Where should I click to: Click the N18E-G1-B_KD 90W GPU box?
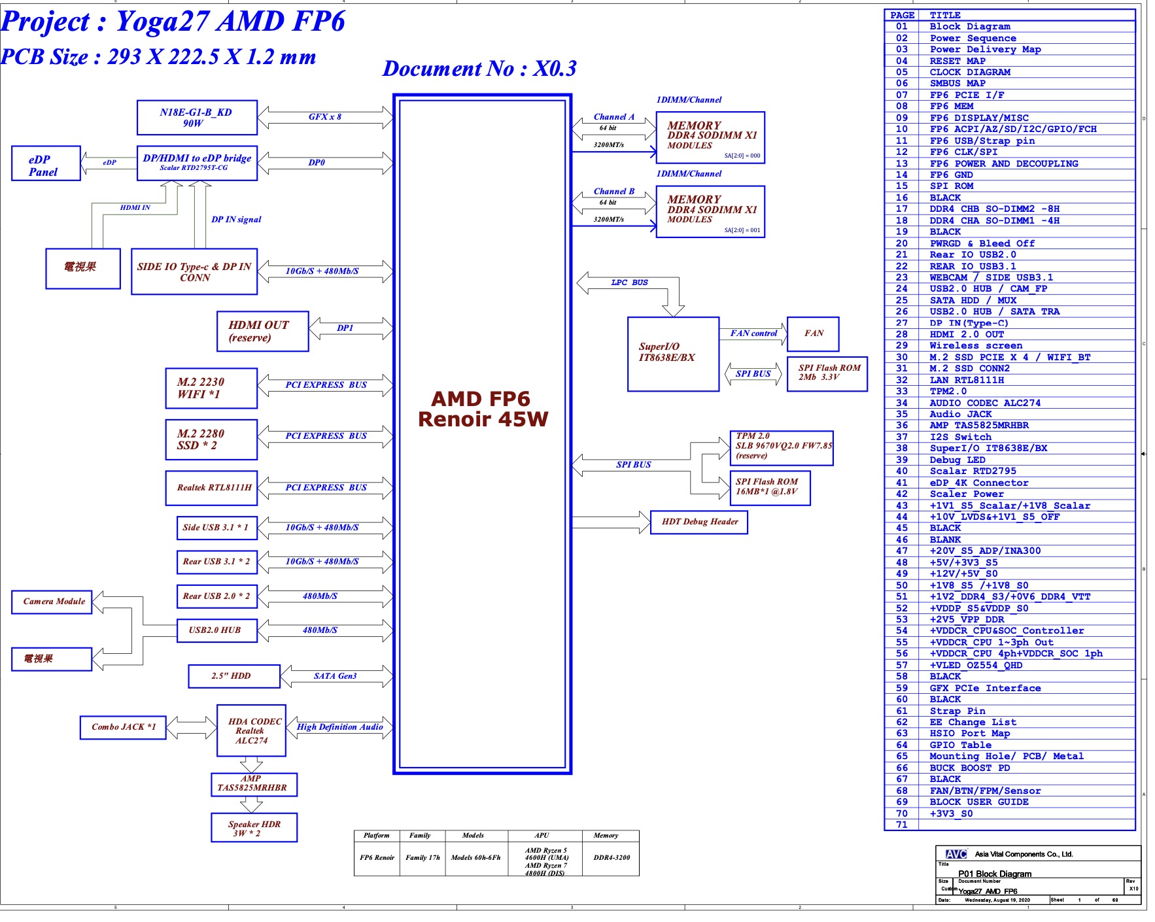(197, 118)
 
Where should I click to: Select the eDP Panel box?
(46, 163)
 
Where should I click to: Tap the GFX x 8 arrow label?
(325, 117)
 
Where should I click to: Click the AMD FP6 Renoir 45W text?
(483, 409)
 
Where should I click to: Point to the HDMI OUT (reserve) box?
(262, 332)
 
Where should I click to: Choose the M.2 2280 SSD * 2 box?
(211, 439)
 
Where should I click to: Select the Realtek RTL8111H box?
(211, 488)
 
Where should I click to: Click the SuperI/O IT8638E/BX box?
(673, 354)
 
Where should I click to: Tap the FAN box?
(813, 333)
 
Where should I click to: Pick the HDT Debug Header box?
(699, 522)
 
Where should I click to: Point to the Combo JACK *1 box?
(123, 727)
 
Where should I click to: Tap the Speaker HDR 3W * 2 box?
(254, 828)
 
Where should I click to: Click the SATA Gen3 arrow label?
(335, 676)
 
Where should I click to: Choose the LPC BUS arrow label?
(629, 282)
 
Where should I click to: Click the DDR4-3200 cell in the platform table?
(611, 857)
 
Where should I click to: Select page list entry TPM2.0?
(948, 391)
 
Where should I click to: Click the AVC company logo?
(956, 854)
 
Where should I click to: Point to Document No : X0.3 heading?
(479, 69)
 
